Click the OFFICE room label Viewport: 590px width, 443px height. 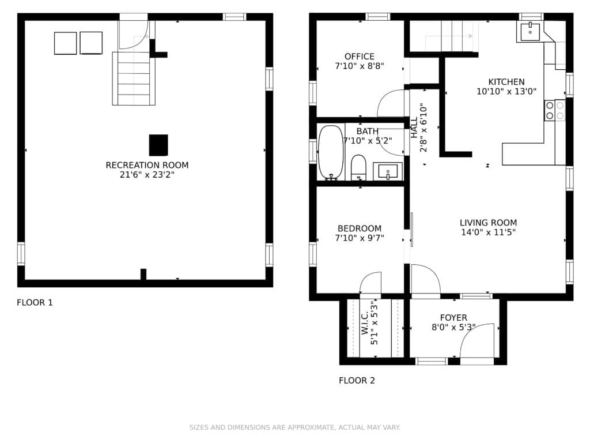(x=360, y=57)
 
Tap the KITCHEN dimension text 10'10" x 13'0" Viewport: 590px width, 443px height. (x=506, y=91)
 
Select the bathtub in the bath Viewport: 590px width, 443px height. (x=331, y=152)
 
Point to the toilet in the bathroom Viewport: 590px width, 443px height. (x=358, y=168)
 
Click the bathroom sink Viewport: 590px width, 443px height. (x=388, y=171)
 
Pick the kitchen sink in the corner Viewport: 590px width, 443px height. (x=530, y=32)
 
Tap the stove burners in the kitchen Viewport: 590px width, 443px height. (x=555, y=110)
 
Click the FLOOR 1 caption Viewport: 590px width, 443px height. (x=35, y=302)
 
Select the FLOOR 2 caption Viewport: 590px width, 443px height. (x=357, y=381)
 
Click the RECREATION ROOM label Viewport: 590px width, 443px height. (x=147, y=165)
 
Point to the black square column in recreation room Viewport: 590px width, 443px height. (x=158, y=145)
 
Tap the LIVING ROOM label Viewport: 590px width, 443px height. (x=489, y=223)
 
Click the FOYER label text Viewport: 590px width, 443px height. (x=453, y=318)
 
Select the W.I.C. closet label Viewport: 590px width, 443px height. (x=365, y=323)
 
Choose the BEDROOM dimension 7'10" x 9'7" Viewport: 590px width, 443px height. (x=360, y=238)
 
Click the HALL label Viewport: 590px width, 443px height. (x=414, y=127)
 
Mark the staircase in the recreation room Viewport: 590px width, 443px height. (x=134, y=78)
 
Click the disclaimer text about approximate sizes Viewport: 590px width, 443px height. (x=294, y=427)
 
